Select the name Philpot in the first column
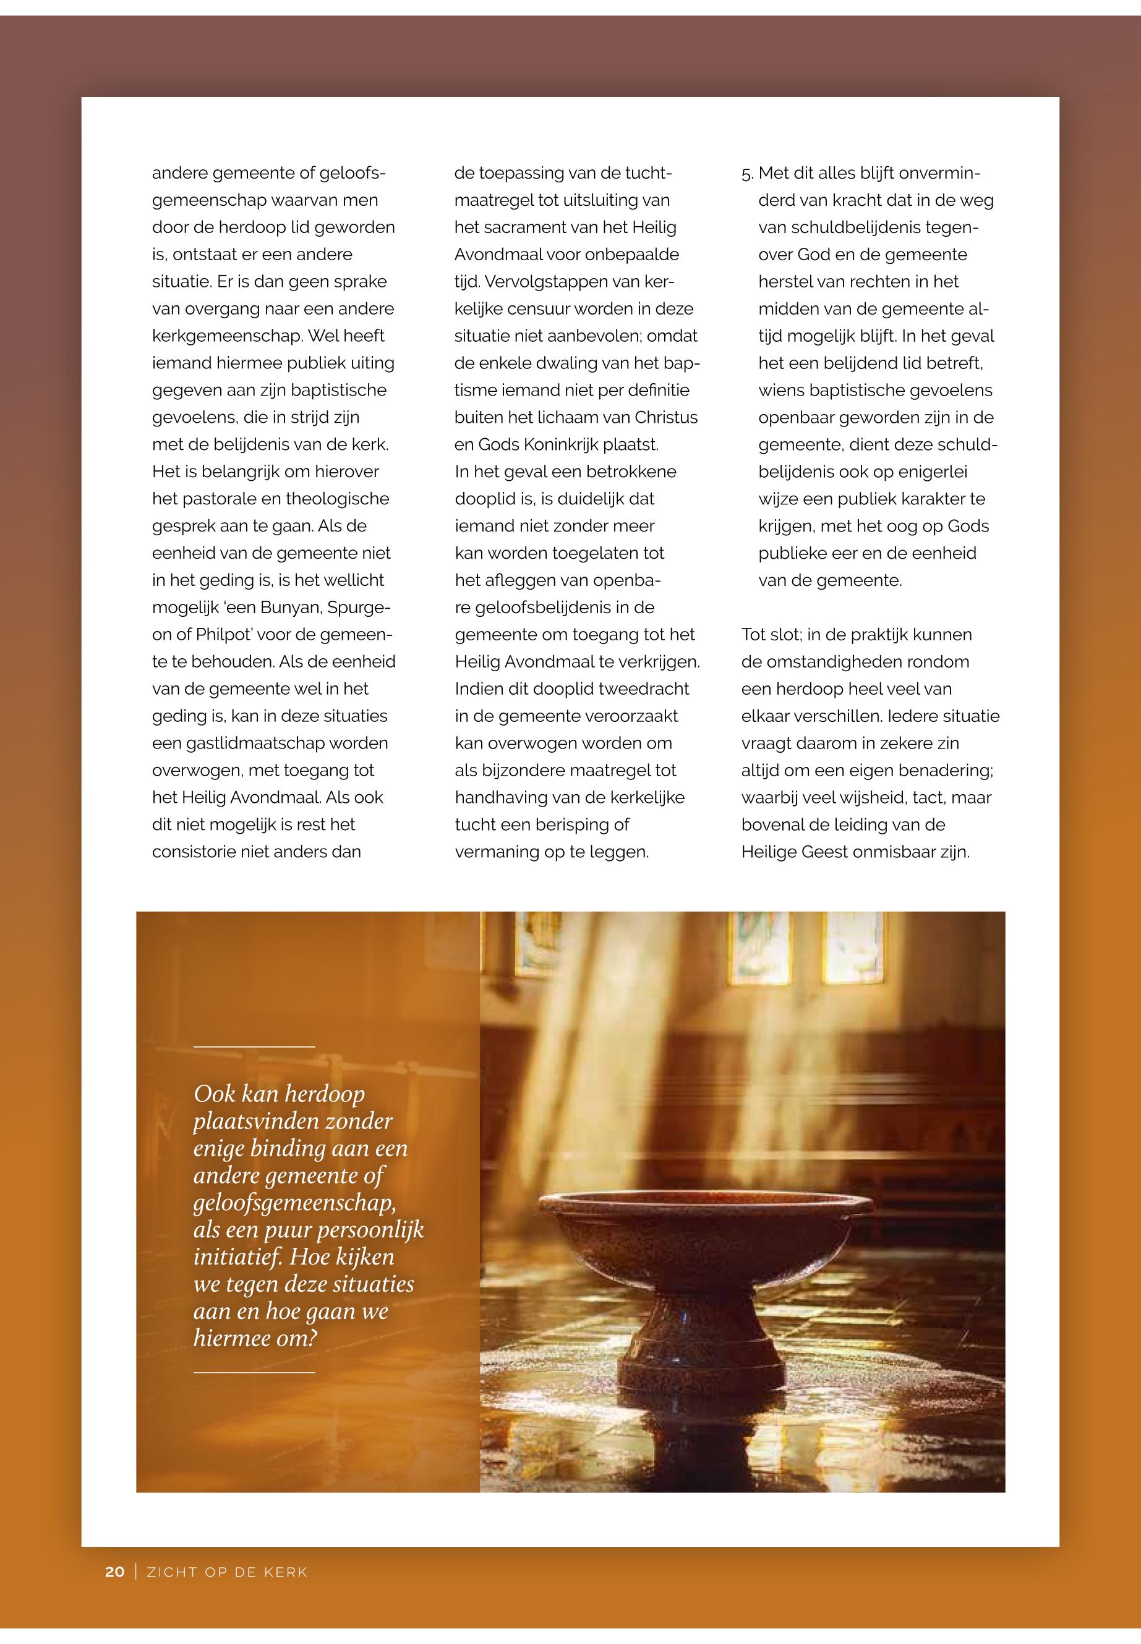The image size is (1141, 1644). click(x=225, y=635)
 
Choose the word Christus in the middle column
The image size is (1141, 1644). click(x=665, y=417)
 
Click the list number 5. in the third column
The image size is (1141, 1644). click(x=747, y=174)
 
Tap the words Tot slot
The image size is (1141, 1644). click(x=769, y=635)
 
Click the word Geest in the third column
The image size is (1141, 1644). click(x=831, y=852)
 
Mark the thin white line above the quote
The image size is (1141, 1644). click(x=254, y=1047)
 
